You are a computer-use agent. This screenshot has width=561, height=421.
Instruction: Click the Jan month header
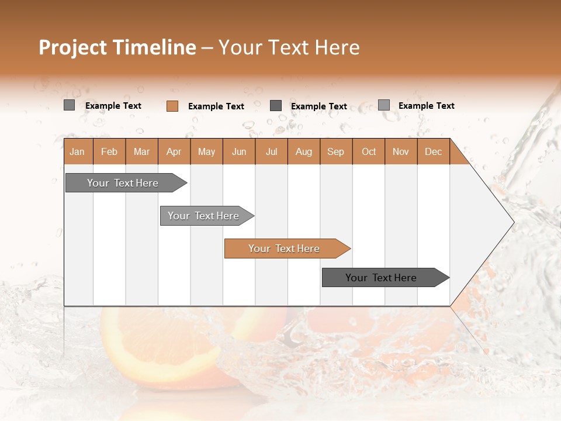(x=77, y=151)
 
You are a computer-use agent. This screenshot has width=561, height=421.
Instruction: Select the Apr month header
(x=174, y=151)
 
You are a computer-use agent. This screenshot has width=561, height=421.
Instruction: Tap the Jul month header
(x=271, y=151)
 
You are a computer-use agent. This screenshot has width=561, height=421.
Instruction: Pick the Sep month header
(x=335, y=151)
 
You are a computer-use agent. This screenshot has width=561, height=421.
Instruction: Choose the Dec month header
(x=433, y=151)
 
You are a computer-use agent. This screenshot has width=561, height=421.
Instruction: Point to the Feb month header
(x=109, y=151)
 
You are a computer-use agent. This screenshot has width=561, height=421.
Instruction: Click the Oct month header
(x=369, y=151)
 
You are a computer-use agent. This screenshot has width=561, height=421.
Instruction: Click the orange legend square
(x=172, y=106)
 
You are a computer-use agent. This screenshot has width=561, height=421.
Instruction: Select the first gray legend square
(x=69, y=105)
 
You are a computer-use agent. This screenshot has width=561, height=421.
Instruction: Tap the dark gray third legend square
(x=276, y=106)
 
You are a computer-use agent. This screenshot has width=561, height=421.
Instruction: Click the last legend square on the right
(x=383, y=105)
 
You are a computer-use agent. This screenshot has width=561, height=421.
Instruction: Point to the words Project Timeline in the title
(x=117, y=47)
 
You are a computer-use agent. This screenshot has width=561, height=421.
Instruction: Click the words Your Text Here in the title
(x=289, y=47)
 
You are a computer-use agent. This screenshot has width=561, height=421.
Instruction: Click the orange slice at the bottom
(x=169, y=351)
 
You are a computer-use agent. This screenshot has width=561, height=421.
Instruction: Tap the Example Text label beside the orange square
(x=216, y=106)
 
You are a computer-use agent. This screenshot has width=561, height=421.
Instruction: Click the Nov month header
(x=400, y=151)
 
